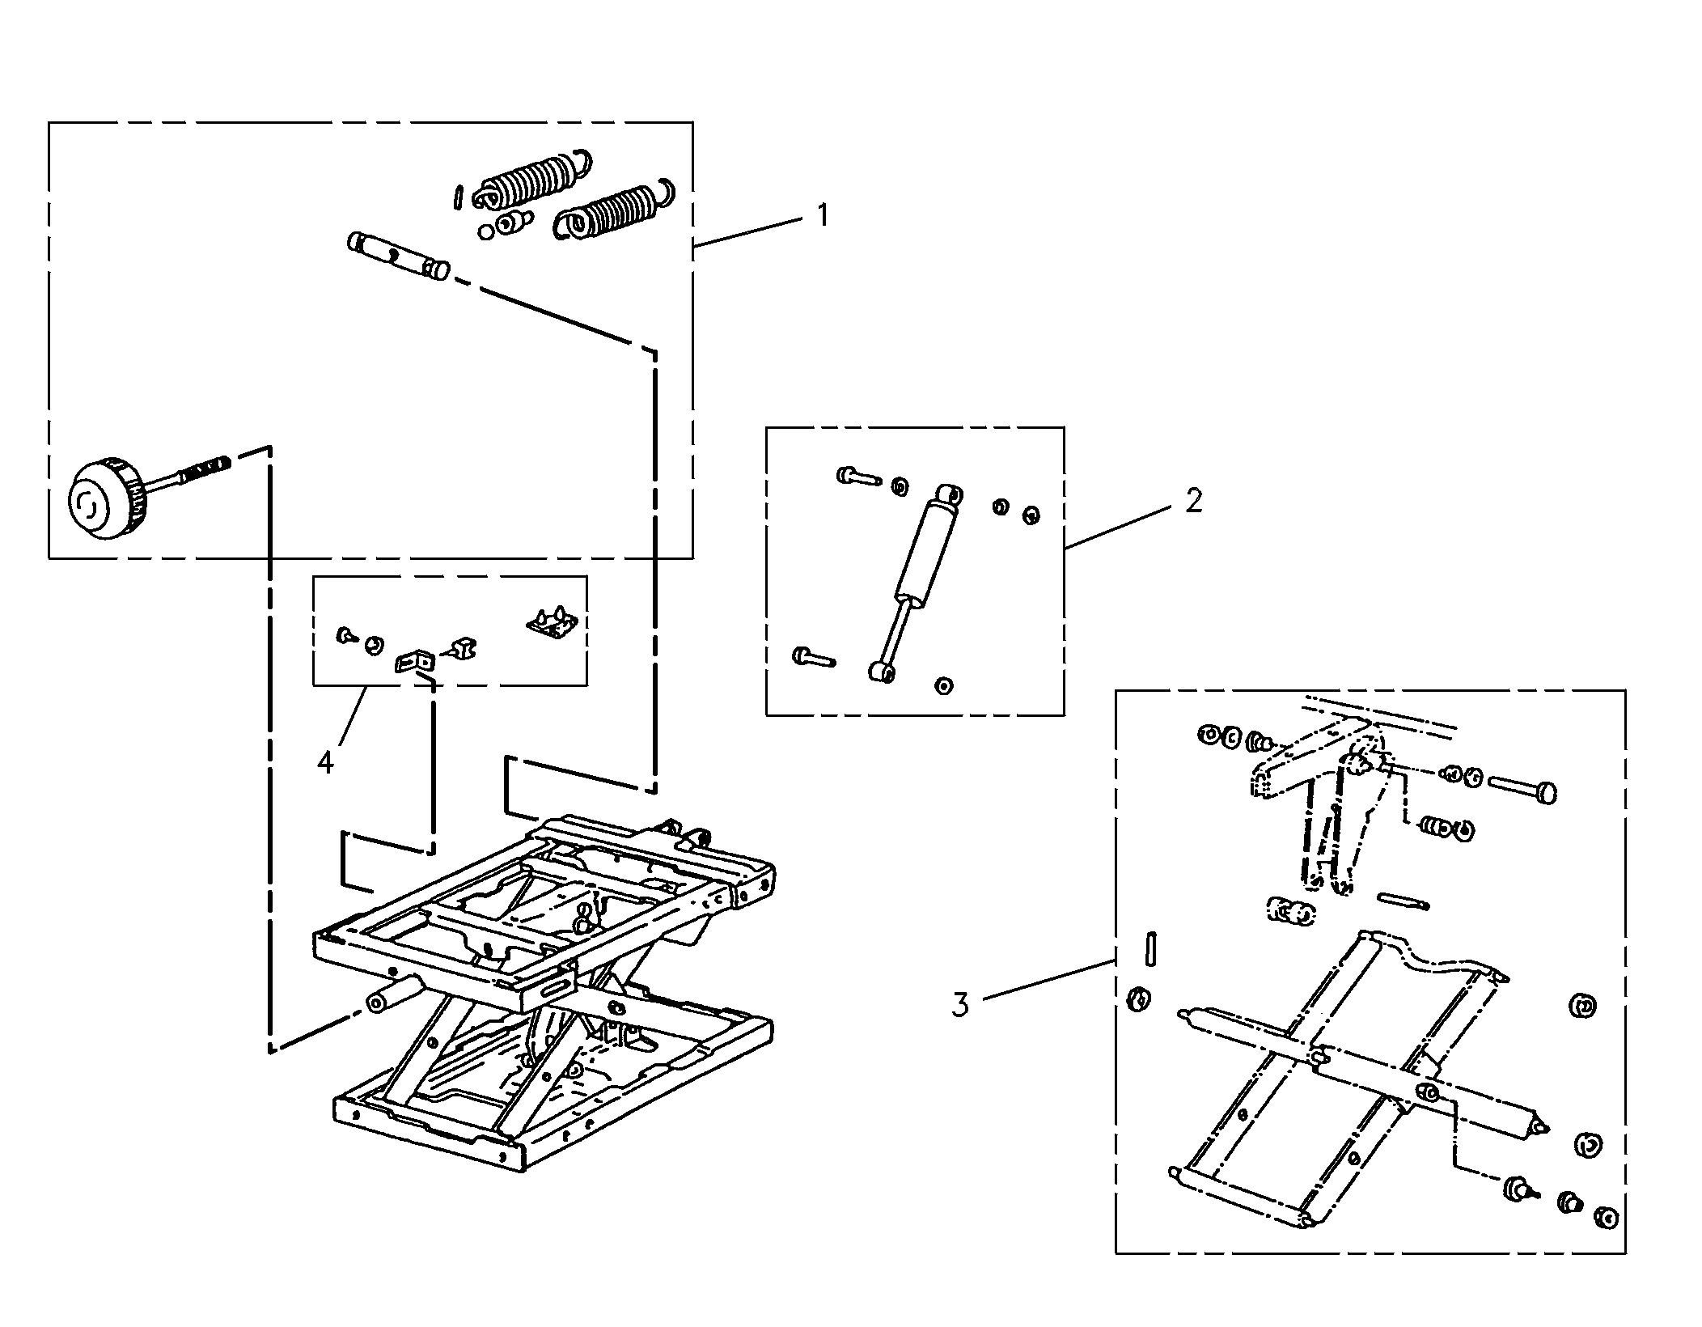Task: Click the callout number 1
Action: click(x=823, y=215)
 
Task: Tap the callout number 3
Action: click(x=959, y=1004)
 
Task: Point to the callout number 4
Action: click(x=325, y=761)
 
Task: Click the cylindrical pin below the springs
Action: click(x=398, y=255)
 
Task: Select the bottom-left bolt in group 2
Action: click(x=813, y=655)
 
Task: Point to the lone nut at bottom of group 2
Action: click(x=942, y=685)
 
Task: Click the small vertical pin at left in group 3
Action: click(x=1152, y=948)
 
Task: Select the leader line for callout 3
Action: click(x=1049, y=979)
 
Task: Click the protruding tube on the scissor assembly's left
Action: click(x=394, y=993)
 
